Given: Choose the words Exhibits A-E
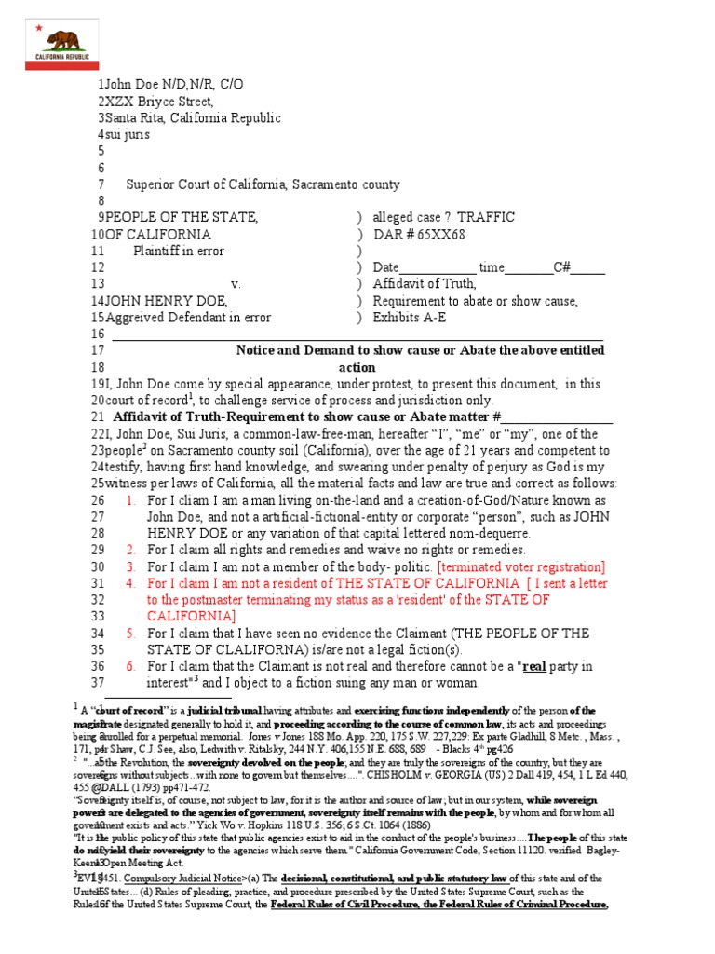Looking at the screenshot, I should pyautogui.click(x=410, y=317).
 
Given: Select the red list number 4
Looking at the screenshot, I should pyautogui.click(x=131, y=583).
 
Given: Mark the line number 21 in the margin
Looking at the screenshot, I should pyautogui.click(x=98, y=416).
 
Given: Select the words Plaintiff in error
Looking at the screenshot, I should pyautogui.click(x=181, y=251).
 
